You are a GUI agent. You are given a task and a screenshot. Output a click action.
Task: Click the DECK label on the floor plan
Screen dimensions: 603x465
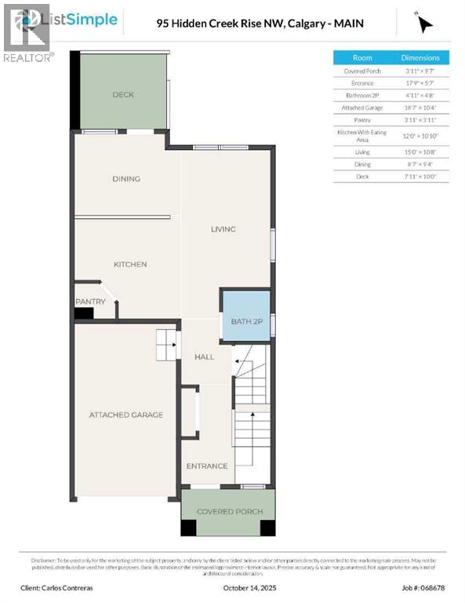click(x=123, y=95)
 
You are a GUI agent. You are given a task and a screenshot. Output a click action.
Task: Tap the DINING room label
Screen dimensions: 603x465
click(x=125, y=179)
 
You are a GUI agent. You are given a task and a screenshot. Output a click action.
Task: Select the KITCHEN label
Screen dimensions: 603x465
click(x=130, y=265)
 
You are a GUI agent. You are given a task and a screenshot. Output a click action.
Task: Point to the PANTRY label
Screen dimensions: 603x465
click(x=90, y=301)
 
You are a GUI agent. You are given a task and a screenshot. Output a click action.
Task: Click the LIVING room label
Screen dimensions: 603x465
click(x=223, y=229)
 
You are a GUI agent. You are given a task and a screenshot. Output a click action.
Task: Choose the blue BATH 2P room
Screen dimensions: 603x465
click(x=246, y=316)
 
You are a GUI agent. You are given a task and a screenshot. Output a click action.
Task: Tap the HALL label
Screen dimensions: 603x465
click(x=204, y=357)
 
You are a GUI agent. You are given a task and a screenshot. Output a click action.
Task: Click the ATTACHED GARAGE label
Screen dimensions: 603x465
click(x=125, y=415)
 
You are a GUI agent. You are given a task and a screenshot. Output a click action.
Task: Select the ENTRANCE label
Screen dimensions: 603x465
click(x=206, y=466)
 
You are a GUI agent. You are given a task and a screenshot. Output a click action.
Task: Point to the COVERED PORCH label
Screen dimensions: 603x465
click(x=229, y=512)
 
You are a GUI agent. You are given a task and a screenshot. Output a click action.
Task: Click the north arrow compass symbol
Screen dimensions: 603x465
click(x=425, y=24)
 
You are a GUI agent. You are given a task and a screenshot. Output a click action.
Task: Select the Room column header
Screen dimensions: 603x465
click(x=362, y=57)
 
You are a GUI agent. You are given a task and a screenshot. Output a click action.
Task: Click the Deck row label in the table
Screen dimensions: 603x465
click(x=362, y=177)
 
